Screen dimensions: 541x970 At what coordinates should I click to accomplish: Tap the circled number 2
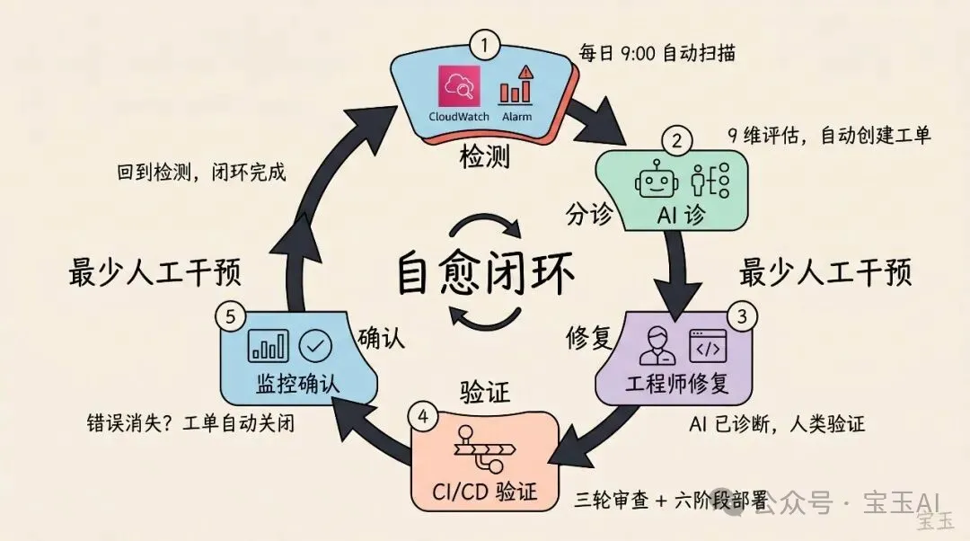point(675,141)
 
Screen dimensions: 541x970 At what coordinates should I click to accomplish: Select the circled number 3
point(742,316)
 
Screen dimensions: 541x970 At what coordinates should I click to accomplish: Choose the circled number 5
point(230,316)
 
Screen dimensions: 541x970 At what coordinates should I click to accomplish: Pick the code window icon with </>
point(708,346)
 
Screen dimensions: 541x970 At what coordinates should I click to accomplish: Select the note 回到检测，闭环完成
point(202,172)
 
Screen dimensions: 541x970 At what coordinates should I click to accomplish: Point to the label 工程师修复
point(683,385)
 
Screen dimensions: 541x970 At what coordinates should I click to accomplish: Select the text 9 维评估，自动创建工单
point(829,136)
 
